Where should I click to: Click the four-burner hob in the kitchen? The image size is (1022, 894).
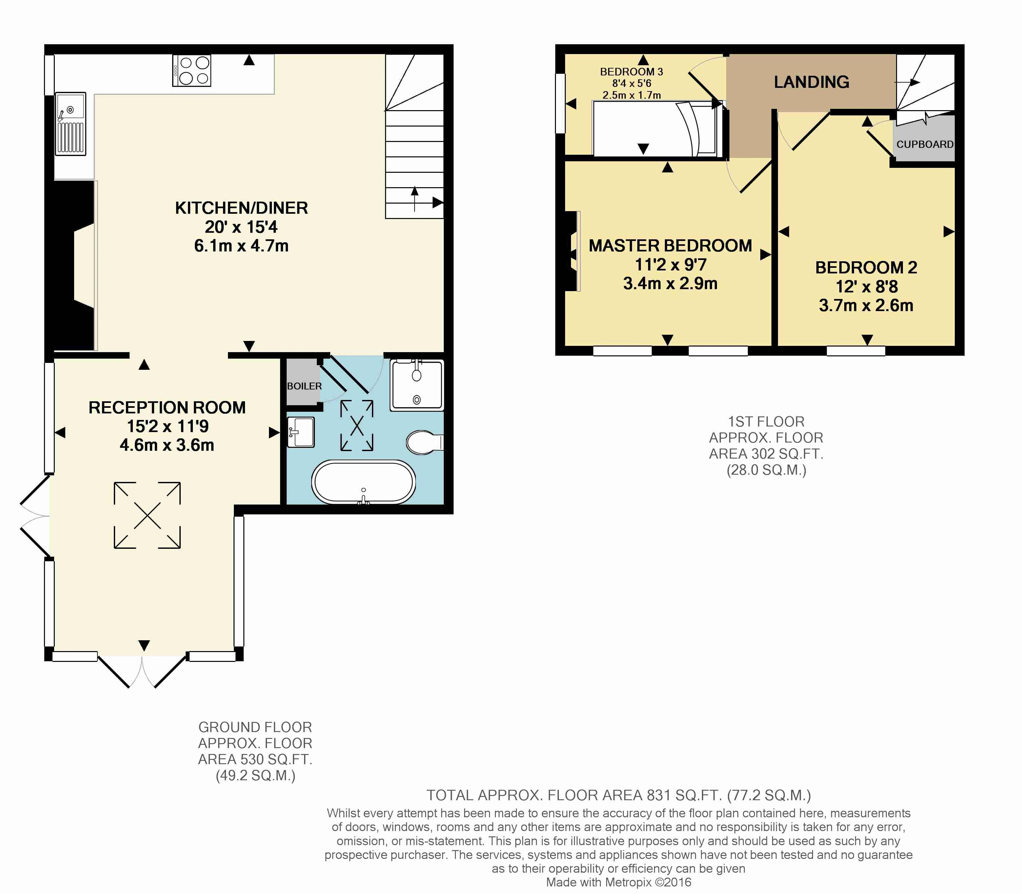pyautogui.click(x=192, y=70)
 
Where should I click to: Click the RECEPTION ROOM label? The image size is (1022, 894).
pyautogui.click(x=167, y=407)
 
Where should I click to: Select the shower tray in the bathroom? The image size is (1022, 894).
pyautogui.click(x=417, y=385)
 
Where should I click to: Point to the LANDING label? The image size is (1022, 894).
pyautogui.click(x=811, y=82)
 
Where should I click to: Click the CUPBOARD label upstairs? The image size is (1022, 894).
pyautogui.click(x=925, y=144)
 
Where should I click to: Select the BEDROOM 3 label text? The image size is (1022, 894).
pyautogui.click(x=631, y=72)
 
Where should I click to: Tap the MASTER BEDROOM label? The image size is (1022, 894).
pyautogui.click(x=670, y=246)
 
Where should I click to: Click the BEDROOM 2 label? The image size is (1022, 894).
pyautogui.click(x=866, y=268)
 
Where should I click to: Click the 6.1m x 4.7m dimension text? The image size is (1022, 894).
pyautogui.click(x=241, y=246)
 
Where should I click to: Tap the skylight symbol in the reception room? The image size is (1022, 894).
pyautogui.click(x=147, y=515)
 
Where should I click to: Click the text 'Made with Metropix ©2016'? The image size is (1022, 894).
pyautogui.click(x=619, y=882)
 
